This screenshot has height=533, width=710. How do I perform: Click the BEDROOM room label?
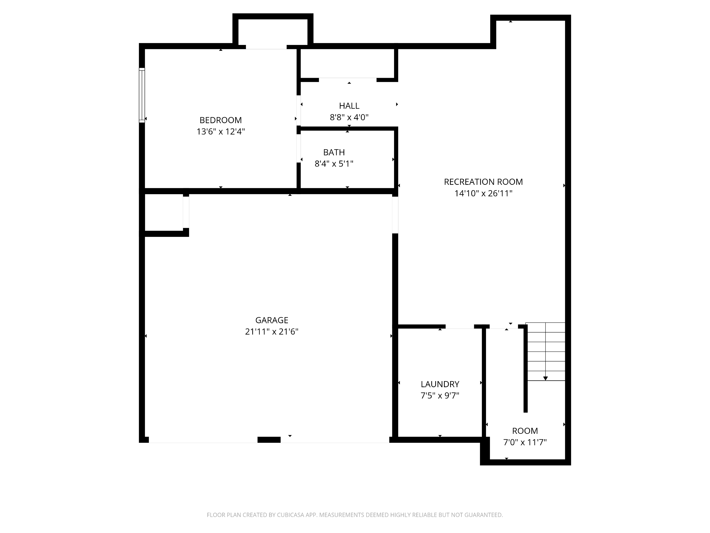[x=221, y=120]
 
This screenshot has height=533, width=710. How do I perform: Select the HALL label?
[x=349, y=106]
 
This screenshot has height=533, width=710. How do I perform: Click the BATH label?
[x=334, y=152]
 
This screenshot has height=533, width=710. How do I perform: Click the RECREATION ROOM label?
[x=483, y=182]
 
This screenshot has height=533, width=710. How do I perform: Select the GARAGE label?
[x=272, y=320]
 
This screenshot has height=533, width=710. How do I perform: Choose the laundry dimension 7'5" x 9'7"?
[x=440, y=396]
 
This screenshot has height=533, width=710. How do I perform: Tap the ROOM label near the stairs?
[x=525, y=431]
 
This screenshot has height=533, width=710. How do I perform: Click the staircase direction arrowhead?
[x=545, y=378]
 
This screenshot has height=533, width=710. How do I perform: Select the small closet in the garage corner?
[x=164, y=212]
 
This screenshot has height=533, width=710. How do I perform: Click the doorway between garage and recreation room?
[x=395, y=215]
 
